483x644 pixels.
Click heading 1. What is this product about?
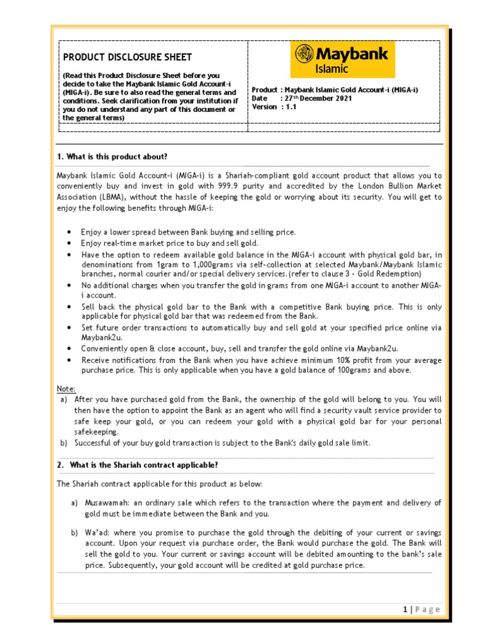click(113, 156)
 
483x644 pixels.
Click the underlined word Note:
click(67, 389)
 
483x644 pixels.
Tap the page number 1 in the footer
click(406, 609)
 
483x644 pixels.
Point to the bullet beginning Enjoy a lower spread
click(188, 232)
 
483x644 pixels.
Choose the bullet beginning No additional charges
click(261, 285)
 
